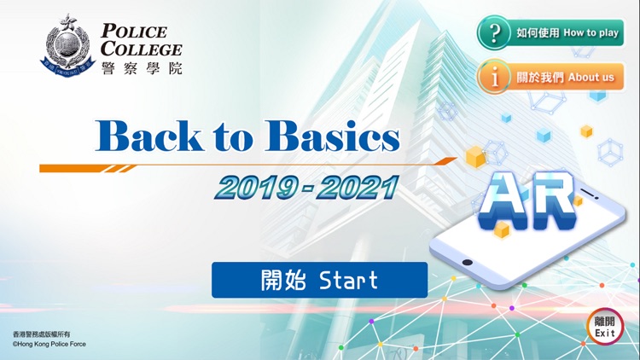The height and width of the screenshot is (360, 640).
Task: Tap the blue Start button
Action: click(x=319, y=280)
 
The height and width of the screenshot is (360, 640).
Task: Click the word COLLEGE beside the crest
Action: click(x=141, y=49)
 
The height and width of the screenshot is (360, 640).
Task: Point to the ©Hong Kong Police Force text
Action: click(x=49, y=344)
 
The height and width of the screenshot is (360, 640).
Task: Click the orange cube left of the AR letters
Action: click(x=475, y=156)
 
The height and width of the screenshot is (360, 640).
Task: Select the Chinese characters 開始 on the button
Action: click(x=281, y=280)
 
